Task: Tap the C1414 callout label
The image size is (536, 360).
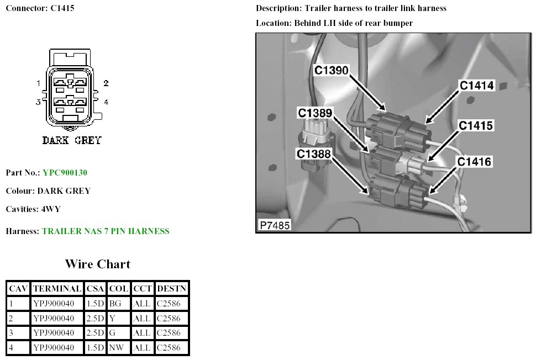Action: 477,85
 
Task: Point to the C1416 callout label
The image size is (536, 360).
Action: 474,162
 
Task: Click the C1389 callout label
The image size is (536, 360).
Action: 315,113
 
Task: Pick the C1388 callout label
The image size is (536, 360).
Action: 314,154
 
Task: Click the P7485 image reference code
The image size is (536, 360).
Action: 274,225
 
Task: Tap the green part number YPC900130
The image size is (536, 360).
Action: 65,173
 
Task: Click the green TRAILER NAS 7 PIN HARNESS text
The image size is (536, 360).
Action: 106,231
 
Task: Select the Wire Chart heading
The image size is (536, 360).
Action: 97,264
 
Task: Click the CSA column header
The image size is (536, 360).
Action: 95,288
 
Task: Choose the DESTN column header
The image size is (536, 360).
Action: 171,288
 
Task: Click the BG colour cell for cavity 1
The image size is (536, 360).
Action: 115,303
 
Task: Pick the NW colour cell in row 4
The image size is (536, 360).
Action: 116,348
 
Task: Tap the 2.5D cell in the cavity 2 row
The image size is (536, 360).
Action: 95,318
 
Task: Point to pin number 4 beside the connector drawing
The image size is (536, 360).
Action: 106,102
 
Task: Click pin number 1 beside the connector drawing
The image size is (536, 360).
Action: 39,83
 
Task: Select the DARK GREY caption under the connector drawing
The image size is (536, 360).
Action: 72,140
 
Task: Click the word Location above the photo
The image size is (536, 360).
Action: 272,23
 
